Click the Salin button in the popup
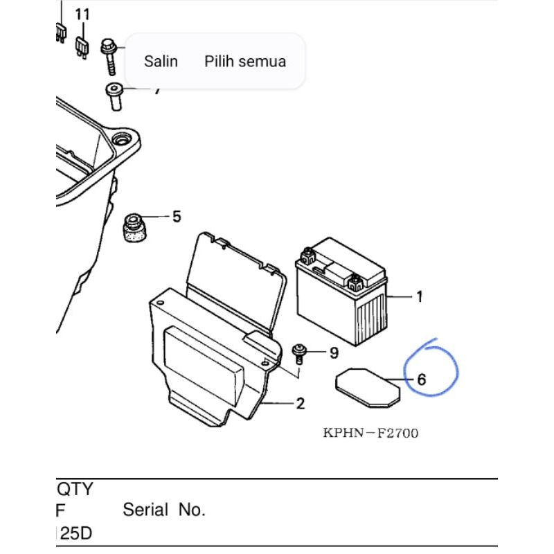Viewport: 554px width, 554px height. click(161, 61)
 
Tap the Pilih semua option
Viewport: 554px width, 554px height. click(245, 61)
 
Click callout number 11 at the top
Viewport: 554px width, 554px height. click(82, 15)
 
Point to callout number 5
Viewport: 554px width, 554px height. click(177, 217)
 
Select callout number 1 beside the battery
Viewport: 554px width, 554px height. click(419, 297)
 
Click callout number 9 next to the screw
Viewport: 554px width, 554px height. click(334, 354)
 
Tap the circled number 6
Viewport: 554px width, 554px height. click(421, 379)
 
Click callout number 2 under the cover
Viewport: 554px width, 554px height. click(300, 404)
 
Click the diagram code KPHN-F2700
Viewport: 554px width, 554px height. click(370, 434)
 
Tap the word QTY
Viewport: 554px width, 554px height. click(74, 490)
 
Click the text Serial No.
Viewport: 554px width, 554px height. click(164, 511)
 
